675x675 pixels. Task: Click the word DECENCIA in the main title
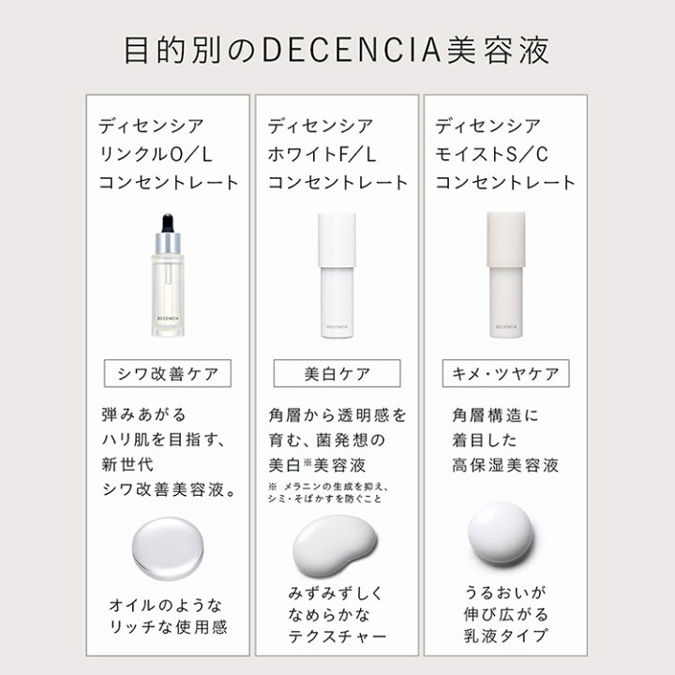coord(352,50)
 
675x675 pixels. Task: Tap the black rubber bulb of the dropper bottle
coord(168,223)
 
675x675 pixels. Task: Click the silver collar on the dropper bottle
coord(168,243)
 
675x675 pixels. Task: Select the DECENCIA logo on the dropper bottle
coord(168,319)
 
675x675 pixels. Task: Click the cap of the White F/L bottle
coord(337,240)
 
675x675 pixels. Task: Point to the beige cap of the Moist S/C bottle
coord(506,239)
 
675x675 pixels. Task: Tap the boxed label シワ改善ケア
coord(168,374)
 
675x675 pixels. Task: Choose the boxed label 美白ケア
coord(337,374)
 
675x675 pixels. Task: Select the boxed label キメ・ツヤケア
coord(506,374)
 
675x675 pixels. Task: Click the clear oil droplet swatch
coord(168,547)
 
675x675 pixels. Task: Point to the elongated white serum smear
coord(335,546)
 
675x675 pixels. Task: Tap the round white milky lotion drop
coord(501,532)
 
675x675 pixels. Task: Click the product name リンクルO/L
coord(156,154)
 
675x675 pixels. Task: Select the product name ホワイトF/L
coord(322,154)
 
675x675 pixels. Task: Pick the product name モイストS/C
coord(491,154)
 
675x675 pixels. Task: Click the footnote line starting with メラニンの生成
coord(328,487)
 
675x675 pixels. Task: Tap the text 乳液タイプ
coord(506,636)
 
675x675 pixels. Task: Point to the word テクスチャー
coord(337,636)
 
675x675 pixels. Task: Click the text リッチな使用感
coord(169,626)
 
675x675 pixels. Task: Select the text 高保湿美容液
coord(505,465)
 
